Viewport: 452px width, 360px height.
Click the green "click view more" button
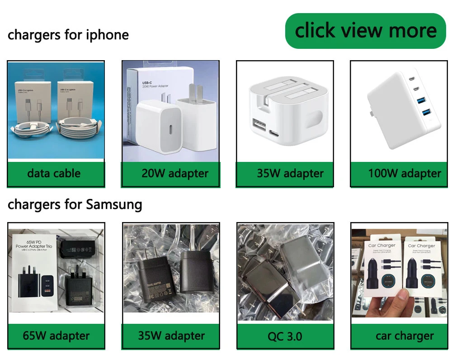pos(365,31)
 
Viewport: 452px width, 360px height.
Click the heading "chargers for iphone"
pos(68,35)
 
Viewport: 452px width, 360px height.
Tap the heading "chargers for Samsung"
pos(75,204)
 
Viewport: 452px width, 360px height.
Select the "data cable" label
pos(54,173)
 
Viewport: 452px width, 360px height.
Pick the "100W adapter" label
pos(404,173)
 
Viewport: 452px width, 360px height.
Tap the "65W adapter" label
pos(56,336)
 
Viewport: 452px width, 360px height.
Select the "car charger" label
pos(404,336)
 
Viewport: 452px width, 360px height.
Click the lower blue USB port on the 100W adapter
pos(426,113)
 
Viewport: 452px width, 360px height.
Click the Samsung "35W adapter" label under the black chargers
pos(171,336)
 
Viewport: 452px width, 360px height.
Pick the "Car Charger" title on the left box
pos(382,246)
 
